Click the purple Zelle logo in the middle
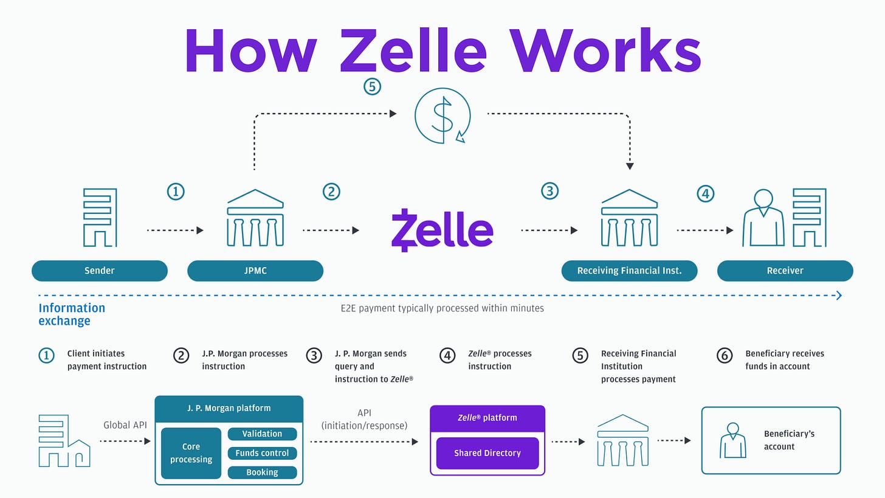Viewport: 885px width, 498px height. (x=442, y=230)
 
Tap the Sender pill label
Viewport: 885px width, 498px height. (x=100, y=271)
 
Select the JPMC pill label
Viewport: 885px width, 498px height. (x=255, y=271)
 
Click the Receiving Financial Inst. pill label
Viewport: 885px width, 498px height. (x=629, y=271)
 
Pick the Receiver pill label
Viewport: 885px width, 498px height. (x=785, y=271)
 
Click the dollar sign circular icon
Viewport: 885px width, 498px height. (x=442, y=116)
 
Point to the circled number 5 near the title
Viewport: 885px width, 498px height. (x=372, y=87)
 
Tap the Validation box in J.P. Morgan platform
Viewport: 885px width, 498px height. (x=262, y=434)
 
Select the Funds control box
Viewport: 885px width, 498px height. (x=262, y=453)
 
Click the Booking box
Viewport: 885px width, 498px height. (x=262, y=472)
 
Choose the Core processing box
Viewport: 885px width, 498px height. (x=191, y=453)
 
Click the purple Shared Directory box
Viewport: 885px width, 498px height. (x=487, y=453)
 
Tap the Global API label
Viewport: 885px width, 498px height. (x=126, y=425)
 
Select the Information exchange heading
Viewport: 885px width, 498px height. (x=72, y=314)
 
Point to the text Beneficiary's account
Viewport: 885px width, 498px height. (x=789, y=440)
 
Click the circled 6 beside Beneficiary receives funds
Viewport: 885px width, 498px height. (x=725, y=355)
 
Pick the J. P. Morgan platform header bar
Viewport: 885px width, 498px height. (x=229, y=408)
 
